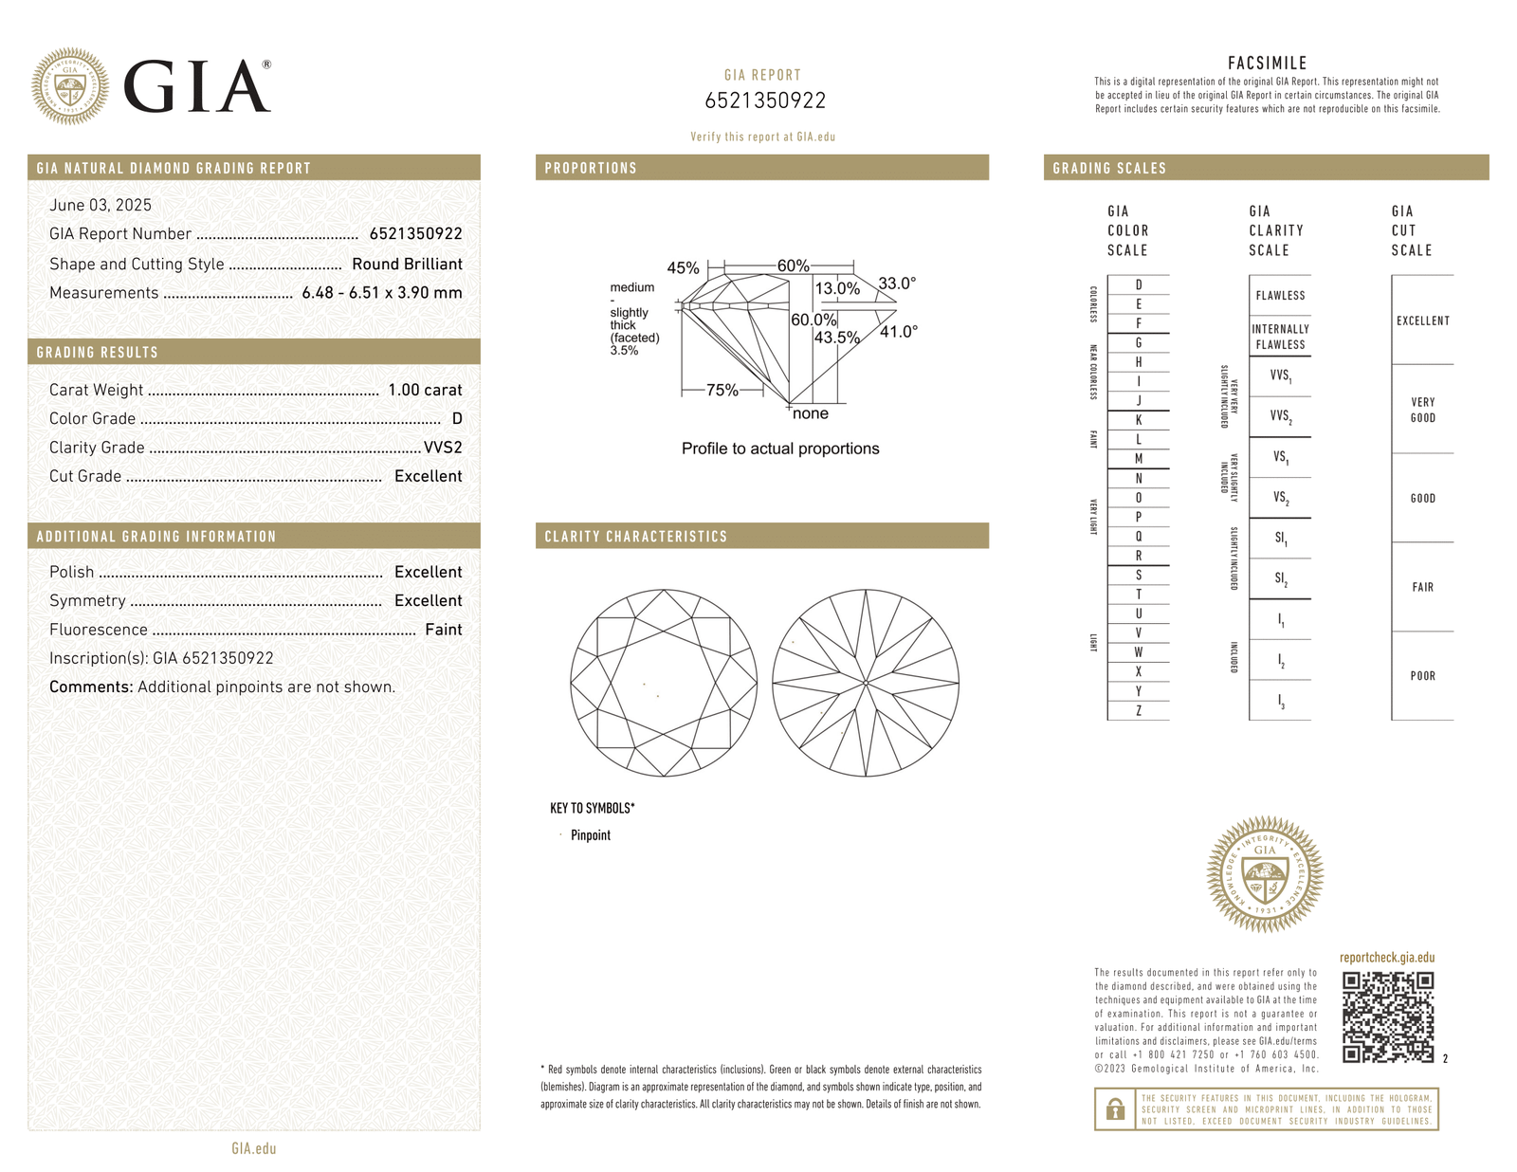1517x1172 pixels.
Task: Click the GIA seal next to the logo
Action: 69,86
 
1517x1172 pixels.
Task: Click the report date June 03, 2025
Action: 101,205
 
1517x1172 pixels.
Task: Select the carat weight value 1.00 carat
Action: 425,390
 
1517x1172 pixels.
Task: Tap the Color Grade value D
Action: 457,418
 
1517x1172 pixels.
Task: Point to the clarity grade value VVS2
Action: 443,448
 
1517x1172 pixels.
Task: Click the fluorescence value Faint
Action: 443,630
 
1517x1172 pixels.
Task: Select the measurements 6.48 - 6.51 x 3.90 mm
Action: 381,293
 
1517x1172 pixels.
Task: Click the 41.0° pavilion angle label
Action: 898,332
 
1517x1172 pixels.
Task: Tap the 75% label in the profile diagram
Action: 722,390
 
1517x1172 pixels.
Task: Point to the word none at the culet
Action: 811,413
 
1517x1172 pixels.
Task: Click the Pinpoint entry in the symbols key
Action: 590,835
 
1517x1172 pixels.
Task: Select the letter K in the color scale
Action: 1138,420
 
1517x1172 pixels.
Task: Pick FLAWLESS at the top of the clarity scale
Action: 1280,296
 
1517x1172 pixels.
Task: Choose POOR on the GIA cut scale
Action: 1422,676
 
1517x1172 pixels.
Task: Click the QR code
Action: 1388,1016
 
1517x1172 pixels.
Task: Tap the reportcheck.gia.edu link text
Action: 1386,958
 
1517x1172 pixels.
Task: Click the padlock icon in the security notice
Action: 1116,1108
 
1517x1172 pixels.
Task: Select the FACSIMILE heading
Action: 1267,64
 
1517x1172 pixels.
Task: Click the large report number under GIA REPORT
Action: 764,101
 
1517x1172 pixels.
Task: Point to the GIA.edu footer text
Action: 253,1148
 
